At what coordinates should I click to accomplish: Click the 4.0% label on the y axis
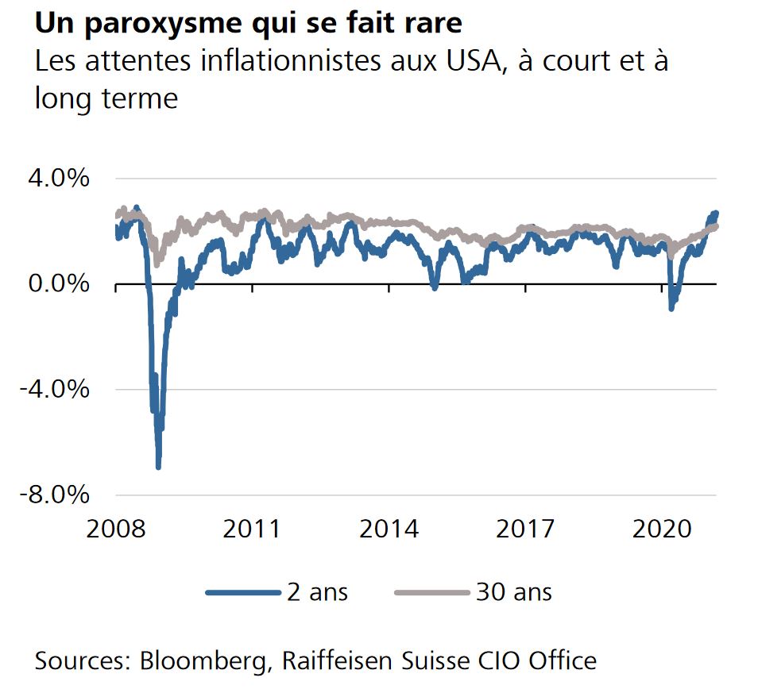59,178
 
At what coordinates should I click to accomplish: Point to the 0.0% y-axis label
59,283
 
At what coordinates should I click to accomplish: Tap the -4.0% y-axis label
54,389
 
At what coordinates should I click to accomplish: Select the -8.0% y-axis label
54,495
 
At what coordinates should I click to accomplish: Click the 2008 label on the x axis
115,529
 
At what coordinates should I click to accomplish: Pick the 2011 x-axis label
252,529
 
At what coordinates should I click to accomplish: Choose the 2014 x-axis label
389,529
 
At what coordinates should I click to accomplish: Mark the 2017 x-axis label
525,529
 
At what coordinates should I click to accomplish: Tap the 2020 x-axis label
662,529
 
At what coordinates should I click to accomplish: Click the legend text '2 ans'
317,592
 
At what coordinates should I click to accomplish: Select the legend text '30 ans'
514,592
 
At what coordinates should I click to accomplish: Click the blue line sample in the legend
243,592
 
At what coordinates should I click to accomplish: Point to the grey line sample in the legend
432,592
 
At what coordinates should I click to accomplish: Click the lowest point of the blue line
158,467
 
